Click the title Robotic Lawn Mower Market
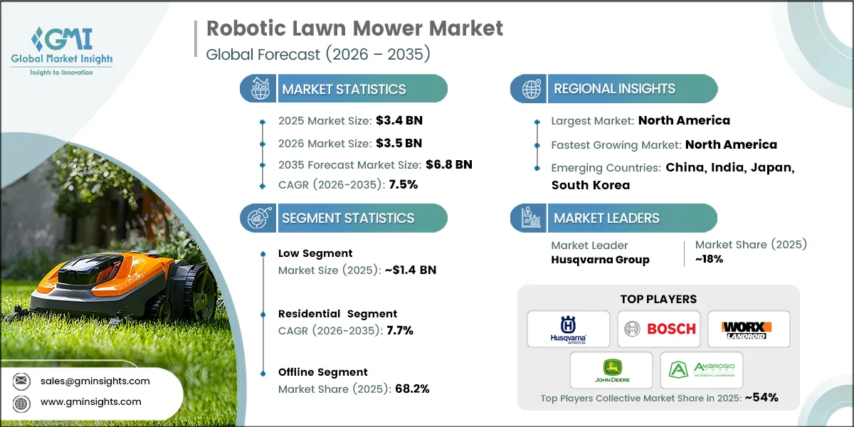pos(354,28)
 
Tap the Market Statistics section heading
pos(344,89)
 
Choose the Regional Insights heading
pos(614,89)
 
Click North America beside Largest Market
pos(684,120)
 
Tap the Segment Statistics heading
pos(348,218)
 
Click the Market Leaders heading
pos(606,218)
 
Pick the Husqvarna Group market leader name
pos(600,260)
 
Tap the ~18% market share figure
pos(709,259)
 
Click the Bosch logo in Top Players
pos(658,329)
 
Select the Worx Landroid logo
pos(748,329)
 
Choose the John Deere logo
pos(611,370)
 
